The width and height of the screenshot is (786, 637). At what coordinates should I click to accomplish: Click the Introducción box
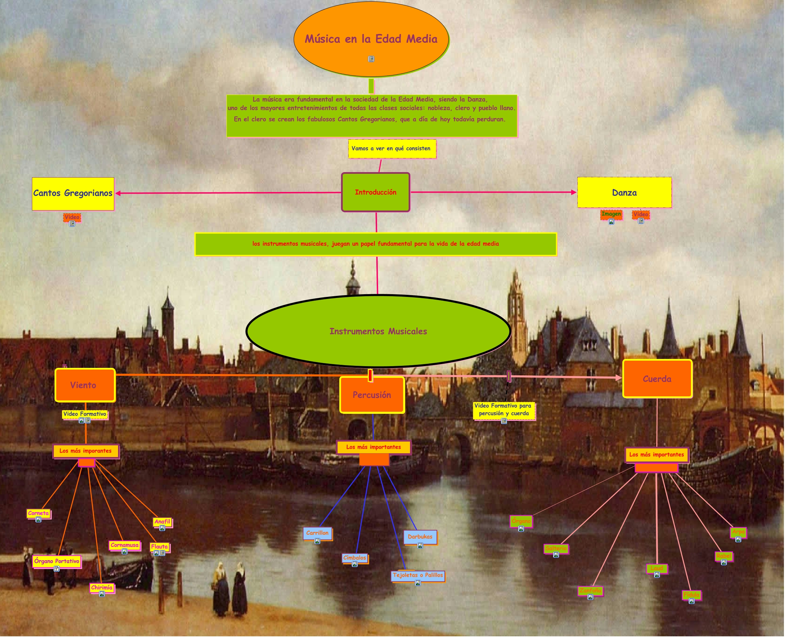click(376, 192)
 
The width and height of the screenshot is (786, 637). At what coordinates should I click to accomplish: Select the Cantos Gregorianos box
click(73, 193)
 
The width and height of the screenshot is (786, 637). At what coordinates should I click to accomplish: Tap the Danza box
click(624, 193)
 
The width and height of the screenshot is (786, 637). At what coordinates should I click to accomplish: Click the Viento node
click(85, 385)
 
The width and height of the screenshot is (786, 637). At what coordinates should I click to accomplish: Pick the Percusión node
click(372, 395)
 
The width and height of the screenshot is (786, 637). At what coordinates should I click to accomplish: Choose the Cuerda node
click(657, 379)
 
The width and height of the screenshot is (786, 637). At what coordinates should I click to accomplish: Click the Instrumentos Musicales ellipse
click(378, 331)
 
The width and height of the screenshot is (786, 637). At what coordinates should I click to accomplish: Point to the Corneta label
click(38, 513)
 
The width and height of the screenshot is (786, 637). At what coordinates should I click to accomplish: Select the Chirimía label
click(102, 588)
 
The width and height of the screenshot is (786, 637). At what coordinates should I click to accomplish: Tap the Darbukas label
click(420, 537)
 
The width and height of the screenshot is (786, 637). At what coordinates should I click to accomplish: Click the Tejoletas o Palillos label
click(418, 575)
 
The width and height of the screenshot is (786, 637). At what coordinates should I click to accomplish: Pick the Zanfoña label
click(590, 590)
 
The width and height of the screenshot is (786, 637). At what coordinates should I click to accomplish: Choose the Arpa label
click(738, 532)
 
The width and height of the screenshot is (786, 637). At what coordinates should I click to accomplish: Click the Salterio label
click(556, 549)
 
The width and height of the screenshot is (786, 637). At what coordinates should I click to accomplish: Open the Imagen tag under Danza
click(611, 214)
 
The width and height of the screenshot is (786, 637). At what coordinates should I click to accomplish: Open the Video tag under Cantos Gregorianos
click(72, 217)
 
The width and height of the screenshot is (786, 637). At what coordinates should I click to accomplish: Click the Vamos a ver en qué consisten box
click(392, 148)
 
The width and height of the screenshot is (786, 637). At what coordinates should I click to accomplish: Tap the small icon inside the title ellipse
click(371, 59)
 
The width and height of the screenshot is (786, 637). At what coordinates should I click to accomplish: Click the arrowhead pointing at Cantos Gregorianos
click(118, 193)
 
